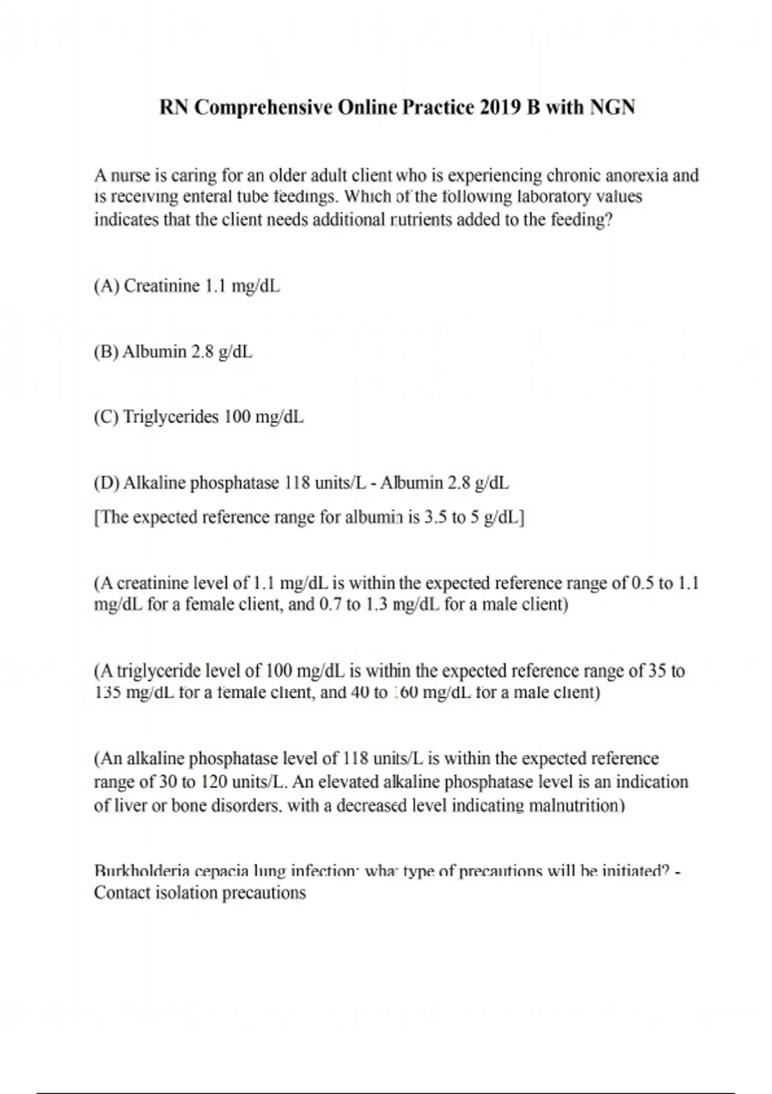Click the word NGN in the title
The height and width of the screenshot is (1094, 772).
612,107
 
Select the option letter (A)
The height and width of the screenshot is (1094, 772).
106,286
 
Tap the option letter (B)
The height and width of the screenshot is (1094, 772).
106,352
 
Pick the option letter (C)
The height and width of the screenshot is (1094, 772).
106,418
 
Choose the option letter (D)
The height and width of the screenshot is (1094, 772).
106,483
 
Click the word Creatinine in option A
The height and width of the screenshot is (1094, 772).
161,286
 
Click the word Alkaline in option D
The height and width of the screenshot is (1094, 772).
152,483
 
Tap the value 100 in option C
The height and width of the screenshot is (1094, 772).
237,418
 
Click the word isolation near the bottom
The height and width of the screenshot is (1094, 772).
187,893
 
